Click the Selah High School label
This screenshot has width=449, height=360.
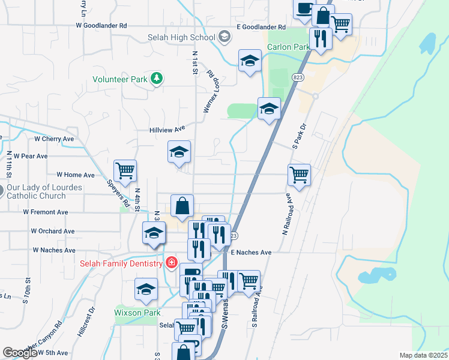tap(181, 37)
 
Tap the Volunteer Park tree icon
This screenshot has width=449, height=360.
tap(157, 79)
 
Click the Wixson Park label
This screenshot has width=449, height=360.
tap(137, 313)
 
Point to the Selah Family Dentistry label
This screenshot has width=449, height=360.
tap(121, 263)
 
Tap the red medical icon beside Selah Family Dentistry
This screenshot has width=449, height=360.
tap(171, 263)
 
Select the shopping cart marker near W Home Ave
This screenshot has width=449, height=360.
tap(125, 170)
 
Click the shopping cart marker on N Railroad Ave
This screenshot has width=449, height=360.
tap(299, 175)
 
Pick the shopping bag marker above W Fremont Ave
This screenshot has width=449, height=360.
tap(182, 206)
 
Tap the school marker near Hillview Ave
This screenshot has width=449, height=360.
tap(179, 152)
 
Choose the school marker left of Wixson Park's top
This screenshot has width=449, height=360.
tap(146, 289)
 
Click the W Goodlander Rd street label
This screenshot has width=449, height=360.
tap(101, 26)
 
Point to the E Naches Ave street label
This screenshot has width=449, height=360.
tap(251, 253)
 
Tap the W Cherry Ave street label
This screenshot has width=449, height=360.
tap(54, 139)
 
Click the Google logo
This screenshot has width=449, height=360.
tap(20, 353)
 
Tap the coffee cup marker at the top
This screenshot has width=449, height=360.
tap(304, 8)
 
